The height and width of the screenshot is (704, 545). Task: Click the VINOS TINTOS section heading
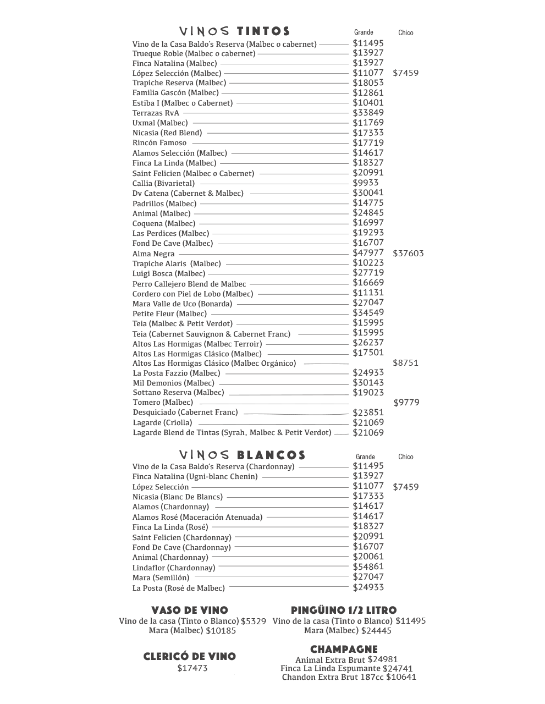(x=235, y=31)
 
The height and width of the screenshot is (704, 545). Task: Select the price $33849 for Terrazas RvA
(x=368, y=113)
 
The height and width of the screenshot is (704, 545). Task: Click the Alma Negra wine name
(x=153, y=254)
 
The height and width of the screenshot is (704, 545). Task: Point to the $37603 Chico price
(x=408, y=254)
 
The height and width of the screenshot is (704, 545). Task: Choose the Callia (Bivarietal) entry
(x=163, y=183)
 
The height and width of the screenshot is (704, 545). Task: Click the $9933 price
(x=366, y=183)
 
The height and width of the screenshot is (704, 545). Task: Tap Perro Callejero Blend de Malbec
(x=189, y=284)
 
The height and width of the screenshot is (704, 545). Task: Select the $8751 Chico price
(x=405, y=363)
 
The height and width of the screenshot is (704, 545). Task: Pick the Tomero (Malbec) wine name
(x=163, y=402)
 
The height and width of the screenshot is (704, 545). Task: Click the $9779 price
(x=406, y=403)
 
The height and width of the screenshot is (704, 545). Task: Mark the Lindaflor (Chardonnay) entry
(x=174, y=568)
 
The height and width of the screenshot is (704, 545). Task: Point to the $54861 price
(x=368, y=566)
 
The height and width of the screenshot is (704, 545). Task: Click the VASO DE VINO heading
(x=190, y=610)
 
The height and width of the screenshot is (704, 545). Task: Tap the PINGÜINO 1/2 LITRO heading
(x=344, y=610)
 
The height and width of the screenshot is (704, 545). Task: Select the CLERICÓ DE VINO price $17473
(x=192, y=668)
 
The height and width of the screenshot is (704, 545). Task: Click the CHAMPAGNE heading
(x=344, y=649)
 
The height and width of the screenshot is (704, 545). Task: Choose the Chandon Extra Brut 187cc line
(x=349, y=677)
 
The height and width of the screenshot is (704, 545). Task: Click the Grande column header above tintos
(x=364, y=32)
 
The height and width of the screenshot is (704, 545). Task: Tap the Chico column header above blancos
(x=406, y=457)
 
